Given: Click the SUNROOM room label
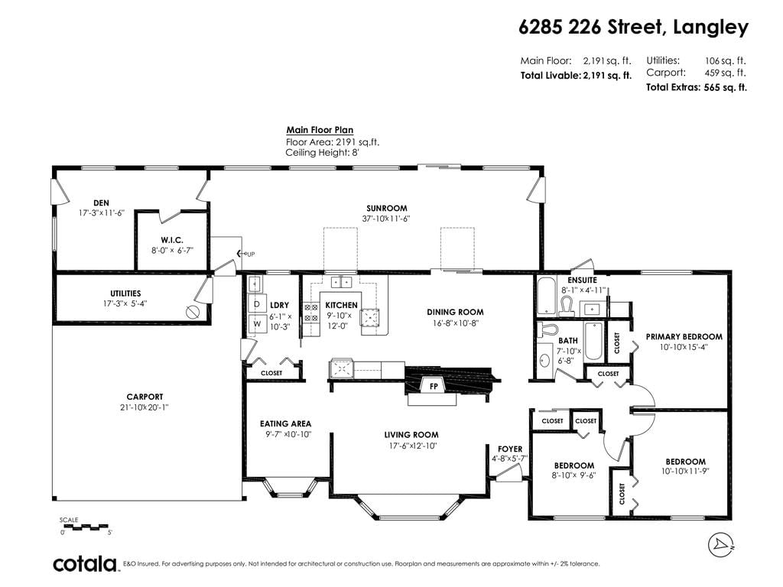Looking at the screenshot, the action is (386, 208).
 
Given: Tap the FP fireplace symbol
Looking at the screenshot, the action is (434, 386).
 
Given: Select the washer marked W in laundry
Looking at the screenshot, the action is (257, 323).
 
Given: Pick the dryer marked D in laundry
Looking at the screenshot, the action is (257, 304).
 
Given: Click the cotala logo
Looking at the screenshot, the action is (85, 563).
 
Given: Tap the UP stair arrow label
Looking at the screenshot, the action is (245, 254).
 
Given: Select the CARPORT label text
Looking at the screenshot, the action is (145, 397).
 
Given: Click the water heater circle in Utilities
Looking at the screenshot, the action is (193, 312).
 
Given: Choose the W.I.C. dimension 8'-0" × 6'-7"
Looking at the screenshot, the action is (172, 250).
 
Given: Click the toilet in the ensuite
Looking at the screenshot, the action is (567, 306).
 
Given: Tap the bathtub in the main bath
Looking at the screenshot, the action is (593, 341).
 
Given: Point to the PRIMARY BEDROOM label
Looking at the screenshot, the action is (684, 336).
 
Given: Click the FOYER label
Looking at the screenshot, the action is (510, 449).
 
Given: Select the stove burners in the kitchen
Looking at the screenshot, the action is (311, 313).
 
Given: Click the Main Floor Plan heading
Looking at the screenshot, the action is (320, 130).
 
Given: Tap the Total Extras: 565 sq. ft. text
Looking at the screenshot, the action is (697, 87).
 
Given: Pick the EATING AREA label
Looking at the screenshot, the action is (286, 423).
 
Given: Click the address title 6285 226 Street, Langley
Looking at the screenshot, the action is (634, 27).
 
